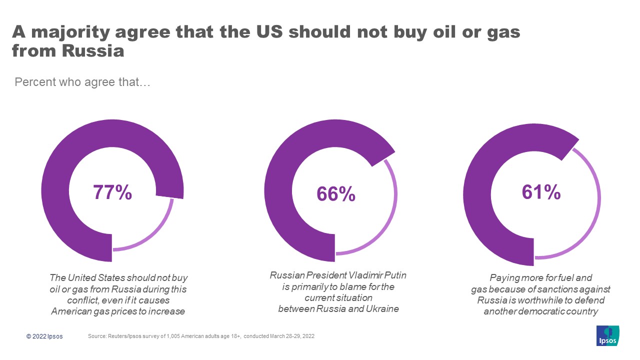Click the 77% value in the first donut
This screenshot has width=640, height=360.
[112, 192]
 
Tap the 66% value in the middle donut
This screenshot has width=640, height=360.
[335, 194]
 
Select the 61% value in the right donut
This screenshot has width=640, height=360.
[541, 192]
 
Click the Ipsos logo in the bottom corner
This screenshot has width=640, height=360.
[608, 335]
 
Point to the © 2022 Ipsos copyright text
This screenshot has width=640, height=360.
[44, 336]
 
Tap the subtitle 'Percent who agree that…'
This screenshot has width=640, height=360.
[82, 81]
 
